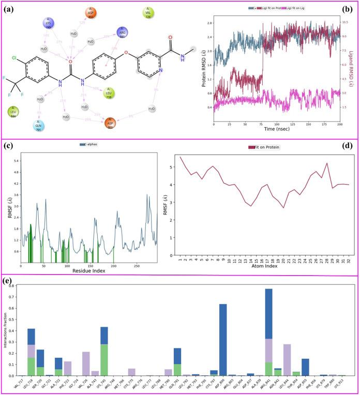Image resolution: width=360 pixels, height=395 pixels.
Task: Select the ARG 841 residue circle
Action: tap(123, 32)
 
